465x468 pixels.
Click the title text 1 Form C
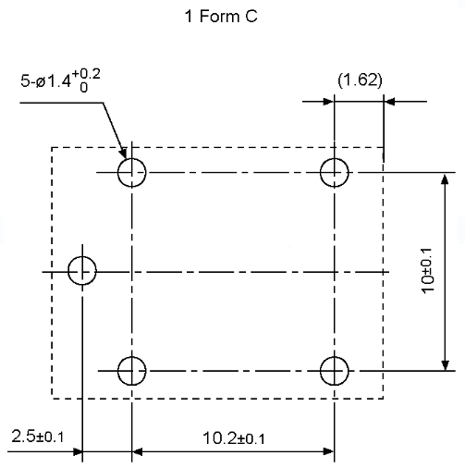221,16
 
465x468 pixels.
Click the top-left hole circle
118,173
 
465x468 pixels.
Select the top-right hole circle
321,173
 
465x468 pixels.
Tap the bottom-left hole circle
118,371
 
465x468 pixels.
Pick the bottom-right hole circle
321,371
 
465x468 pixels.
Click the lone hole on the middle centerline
68,271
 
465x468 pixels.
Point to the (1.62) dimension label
360,80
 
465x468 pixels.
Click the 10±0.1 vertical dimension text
428,271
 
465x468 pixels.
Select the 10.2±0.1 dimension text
234,438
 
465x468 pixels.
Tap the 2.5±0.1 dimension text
38,437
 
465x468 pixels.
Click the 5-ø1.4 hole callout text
45,81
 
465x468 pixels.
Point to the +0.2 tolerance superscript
86,74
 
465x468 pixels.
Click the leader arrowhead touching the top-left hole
123,153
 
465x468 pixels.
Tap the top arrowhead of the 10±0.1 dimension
445,179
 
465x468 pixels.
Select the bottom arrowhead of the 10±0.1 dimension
445,364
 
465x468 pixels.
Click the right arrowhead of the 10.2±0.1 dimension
328,451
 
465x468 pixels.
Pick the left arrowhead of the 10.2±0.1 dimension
138,451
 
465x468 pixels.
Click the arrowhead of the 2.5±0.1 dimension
77,452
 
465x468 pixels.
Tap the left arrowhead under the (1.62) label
328,102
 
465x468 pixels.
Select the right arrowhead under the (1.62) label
389,102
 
